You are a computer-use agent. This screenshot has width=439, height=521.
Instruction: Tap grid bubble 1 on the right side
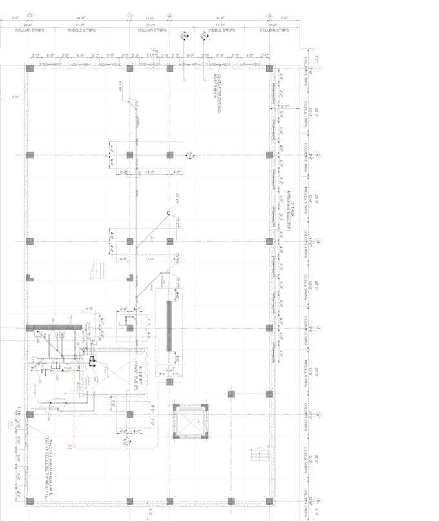point(318,68)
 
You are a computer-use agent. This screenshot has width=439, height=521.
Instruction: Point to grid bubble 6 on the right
point(318,501)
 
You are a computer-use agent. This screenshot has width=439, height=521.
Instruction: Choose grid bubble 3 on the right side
point(318,241)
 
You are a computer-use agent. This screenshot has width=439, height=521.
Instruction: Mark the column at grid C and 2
point(130,155)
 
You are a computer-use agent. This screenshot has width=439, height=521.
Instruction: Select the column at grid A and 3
point(269,241)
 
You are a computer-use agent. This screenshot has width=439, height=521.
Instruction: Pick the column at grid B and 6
point(170,501)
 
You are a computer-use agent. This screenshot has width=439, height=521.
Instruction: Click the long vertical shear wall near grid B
point(169,327)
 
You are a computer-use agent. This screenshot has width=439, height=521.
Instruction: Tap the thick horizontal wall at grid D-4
point(53,327)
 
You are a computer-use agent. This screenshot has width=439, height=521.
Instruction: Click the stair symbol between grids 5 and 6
point(259,455)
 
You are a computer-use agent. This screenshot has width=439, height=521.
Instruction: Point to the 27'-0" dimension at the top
point(149,25)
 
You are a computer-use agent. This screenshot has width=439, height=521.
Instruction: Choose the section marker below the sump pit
point(127,442)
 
